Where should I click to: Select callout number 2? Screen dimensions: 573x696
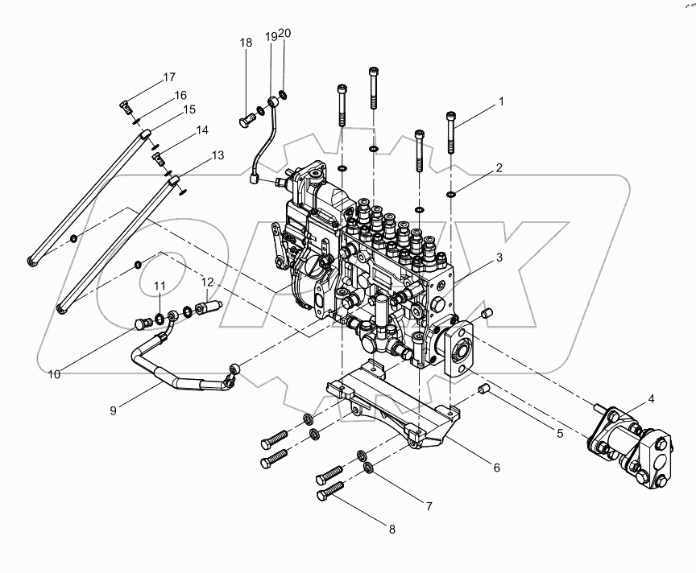tap(499, 168)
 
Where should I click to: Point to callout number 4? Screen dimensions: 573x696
tap(651, 398)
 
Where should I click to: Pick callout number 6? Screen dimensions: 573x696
tap(497, 467)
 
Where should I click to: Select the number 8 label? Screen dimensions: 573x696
tap(393, 530)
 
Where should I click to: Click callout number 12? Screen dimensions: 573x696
tap(208, 282)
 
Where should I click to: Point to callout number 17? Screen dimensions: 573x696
tap(169, 78)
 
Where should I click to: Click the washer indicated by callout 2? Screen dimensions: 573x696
tap(452, 193)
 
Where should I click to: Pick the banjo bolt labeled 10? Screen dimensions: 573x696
tap(144, 324)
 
